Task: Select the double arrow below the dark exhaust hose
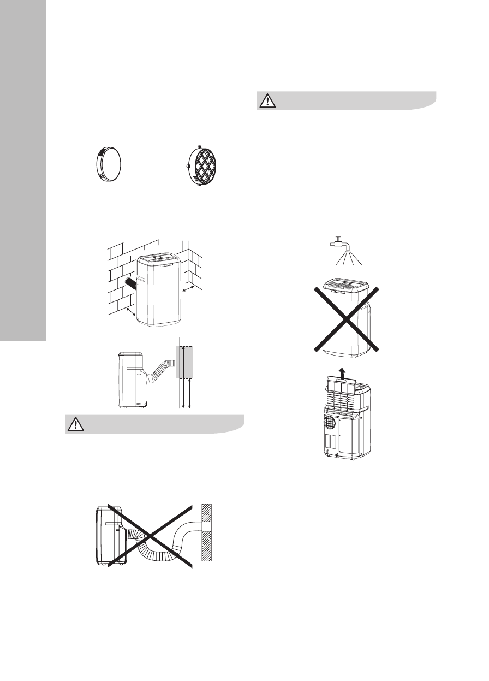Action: (130, 312)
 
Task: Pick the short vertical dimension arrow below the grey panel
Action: (188, 394)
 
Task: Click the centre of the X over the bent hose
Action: (151, 535)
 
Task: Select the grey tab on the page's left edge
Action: (23, 169)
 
